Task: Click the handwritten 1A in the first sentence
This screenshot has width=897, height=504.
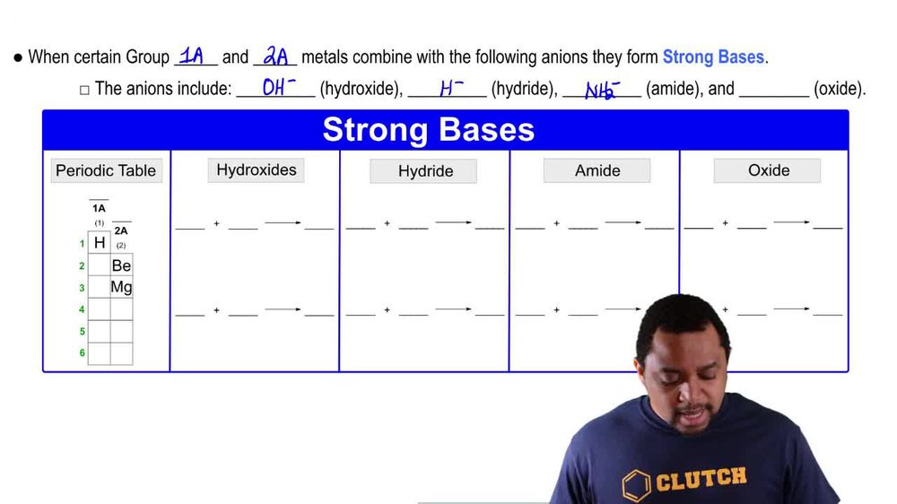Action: [191, 56]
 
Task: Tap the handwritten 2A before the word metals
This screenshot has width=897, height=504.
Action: [275, 56]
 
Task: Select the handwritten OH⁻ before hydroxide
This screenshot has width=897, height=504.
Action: [279, 88]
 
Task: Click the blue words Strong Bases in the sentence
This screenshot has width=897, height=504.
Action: [713, 57]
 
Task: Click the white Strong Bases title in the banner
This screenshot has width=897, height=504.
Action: [428, 130]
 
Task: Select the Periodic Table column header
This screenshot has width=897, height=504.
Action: [106, 170]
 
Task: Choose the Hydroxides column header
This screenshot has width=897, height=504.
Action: [257, 169]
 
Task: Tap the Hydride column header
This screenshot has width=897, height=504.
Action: [425, 171]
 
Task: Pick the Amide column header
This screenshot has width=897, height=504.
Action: [597, 170]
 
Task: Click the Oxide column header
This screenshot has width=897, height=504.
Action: [768, 170]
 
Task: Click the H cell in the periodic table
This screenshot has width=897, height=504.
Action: [100, 243]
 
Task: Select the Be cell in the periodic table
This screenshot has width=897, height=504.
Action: [121, 265]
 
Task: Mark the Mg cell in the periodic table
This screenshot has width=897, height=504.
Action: [121, 287]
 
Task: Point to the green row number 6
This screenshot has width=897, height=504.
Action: [82, 353]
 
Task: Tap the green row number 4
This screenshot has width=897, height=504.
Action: [82, 309]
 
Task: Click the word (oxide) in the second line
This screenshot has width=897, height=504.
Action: [840, 89]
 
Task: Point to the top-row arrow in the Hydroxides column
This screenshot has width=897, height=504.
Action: [283, 222]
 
